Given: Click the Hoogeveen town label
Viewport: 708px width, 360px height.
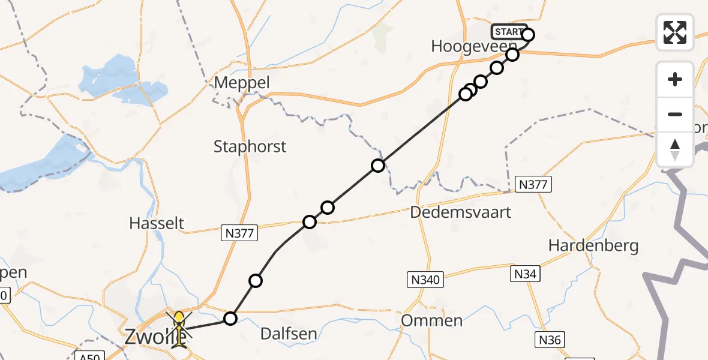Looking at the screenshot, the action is tap(474, 47).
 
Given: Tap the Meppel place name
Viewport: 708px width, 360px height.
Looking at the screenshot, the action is tap(242, 83).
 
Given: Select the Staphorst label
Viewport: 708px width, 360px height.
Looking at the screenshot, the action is tap(250, 146).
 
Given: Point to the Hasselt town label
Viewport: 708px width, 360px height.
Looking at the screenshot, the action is tap(157, 224).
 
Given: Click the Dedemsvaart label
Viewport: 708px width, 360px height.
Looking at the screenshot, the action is tap(461, 212).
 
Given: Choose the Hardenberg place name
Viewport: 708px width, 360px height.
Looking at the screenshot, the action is tap(593, 245).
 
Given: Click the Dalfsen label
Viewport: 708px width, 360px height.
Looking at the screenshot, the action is tap(289, 334).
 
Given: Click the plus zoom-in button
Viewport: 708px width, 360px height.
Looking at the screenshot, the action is tap(675, 79).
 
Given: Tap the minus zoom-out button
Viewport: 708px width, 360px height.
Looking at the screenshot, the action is tap(675, 114).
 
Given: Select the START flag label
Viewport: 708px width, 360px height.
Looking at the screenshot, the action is tap(508, 31).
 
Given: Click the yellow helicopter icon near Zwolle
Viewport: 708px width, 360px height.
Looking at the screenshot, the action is tap(179, 328).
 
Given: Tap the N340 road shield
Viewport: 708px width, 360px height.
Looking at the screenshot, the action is tap(425, 279).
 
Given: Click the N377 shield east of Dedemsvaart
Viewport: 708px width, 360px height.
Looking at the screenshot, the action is tap(533, 185).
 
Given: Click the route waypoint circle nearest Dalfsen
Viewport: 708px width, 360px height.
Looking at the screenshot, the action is tap(230, 318).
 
